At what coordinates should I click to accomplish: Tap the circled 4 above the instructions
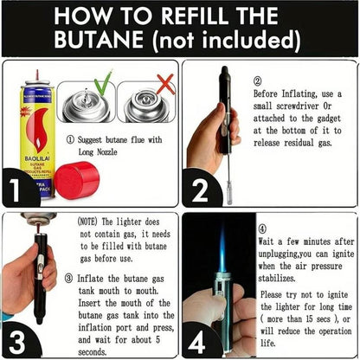click(263, 230)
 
